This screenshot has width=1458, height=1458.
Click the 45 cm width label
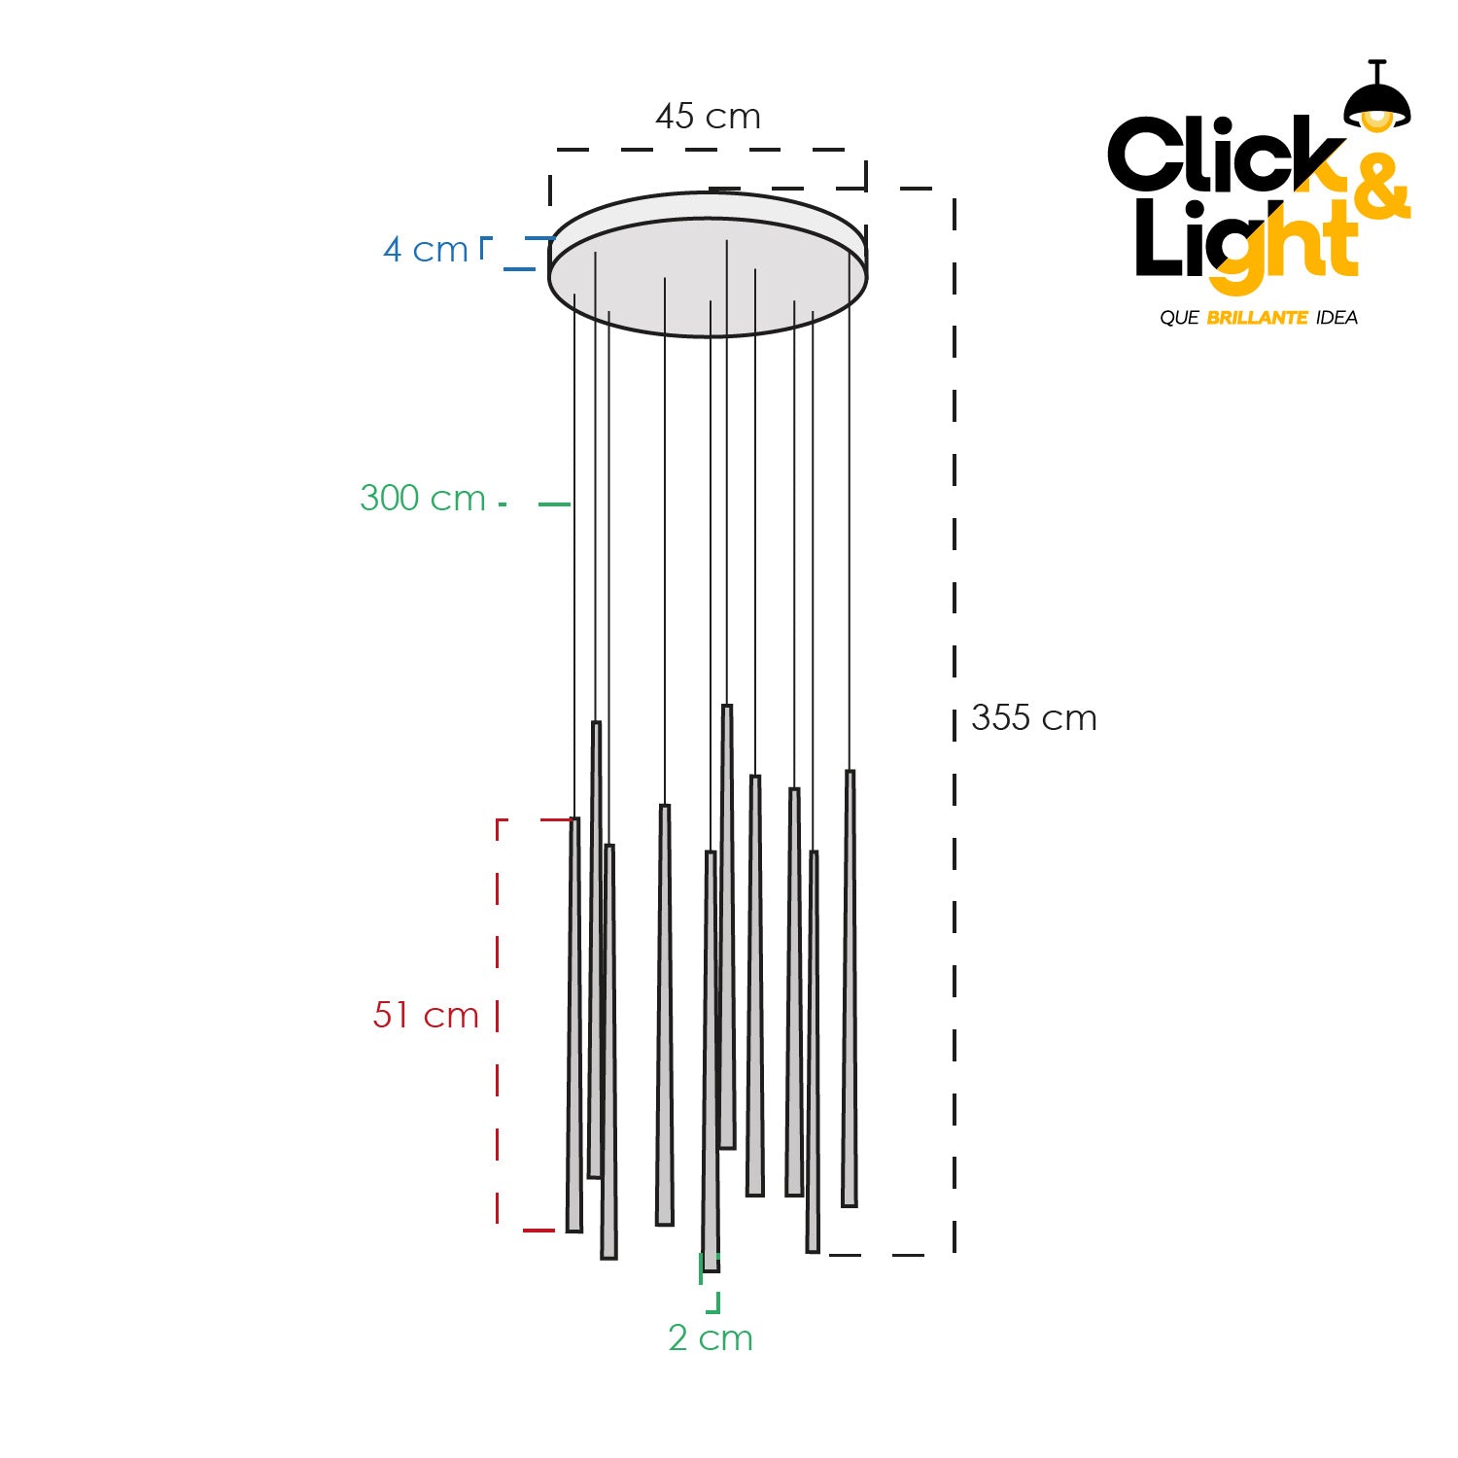click(708, 117)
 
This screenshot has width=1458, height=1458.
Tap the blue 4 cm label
click(426, 250)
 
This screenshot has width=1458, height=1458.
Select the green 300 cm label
click(423, 498)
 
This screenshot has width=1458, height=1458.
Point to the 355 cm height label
click(1034, 718)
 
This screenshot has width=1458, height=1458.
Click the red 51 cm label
click(426, 1015)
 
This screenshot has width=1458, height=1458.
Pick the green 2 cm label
click(711, 1338)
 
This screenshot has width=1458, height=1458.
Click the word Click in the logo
click(1227, 155)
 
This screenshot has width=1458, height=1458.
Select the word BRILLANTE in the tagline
click(1257, 318)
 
